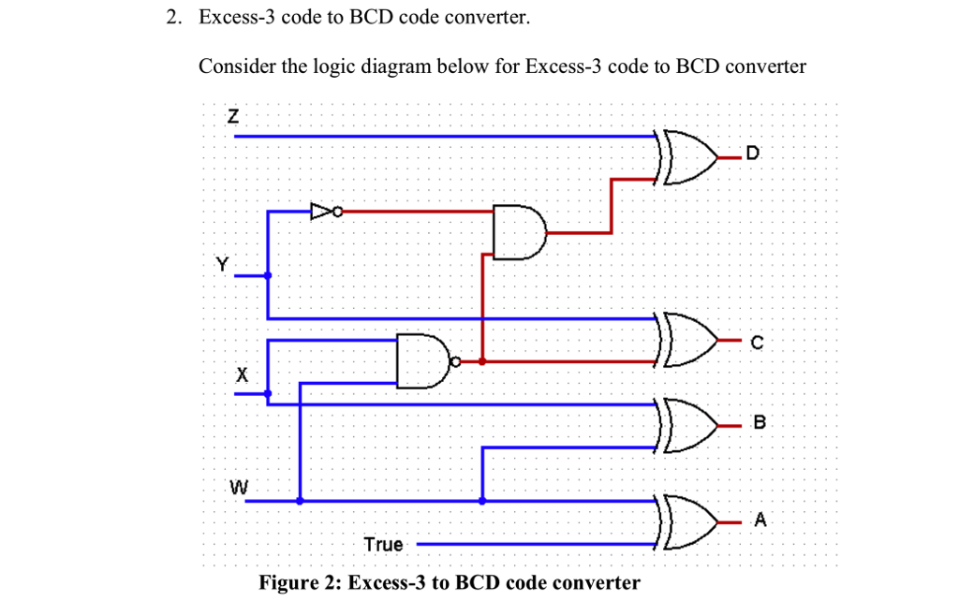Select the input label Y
pyautogui.click(x=222, y=265)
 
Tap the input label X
pyautogui.click(x=242, y=375)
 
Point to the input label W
pyautogui.click(x=240, y=487)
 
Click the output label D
pyautogui.click(x=756, y=153)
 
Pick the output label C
pyautogui.click(x=757, y=343)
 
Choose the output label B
pyautogui.click(x=760, y=422)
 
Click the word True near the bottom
pyautogui.click(x=384, y=544)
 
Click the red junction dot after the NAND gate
pyautogui.click(x=482, y=360)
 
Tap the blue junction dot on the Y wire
pyautogui.click(x=269, y=276)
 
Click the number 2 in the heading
pyautogui.click(x=173, y=18)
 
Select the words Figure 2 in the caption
pyautogui.click(x=298, y=583)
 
